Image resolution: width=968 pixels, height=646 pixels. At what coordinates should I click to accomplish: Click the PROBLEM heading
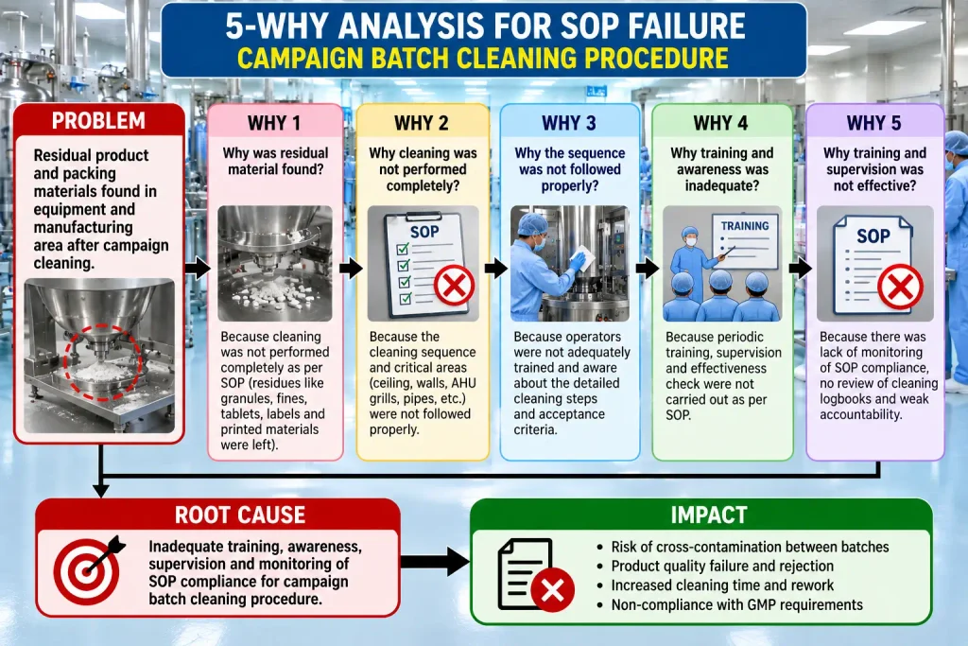coord(98,120)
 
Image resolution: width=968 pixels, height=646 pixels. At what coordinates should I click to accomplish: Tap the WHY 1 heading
coord(274,123)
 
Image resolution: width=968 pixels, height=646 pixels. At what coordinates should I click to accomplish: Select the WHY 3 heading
coord(568,123)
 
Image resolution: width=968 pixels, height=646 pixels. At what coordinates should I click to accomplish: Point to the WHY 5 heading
coord(873,123)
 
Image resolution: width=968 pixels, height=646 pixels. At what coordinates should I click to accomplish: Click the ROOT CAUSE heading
coord(240,515)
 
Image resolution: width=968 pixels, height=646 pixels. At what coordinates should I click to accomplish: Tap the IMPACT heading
coord(709,515)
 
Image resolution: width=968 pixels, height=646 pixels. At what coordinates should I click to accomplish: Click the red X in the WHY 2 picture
coord(455,286)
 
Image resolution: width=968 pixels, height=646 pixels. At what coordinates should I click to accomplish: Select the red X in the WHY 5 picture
coord(900,287)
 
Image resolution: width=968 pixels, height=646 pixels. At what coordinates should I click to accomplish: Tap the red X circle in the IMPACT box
coord(552,590)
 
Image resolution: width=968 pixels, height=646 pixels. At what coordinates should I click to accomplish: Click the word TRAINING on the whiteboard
coord(745,226)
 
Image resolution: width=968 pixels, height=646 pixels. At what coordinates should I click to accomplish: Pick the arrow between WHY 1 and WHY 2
coord(351,269)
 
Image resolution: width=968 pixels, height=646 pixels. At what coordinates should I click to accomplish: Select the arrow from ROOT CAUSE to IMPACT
coord(435,562)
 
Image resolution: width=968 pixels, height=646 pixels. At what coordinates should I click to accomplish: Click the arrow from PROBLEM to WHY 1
coord(198,269)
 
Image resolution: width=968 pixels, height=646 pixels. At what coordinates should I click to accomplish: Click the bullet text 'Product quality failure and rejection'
coord(722,566)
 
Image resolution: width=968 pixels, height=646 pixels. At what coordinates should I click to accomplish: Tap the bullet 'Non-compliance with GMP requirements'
coord(736,604)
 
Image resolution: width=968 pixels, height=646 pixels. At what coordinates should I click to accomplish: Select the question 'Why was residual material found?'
coord(275,161)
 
